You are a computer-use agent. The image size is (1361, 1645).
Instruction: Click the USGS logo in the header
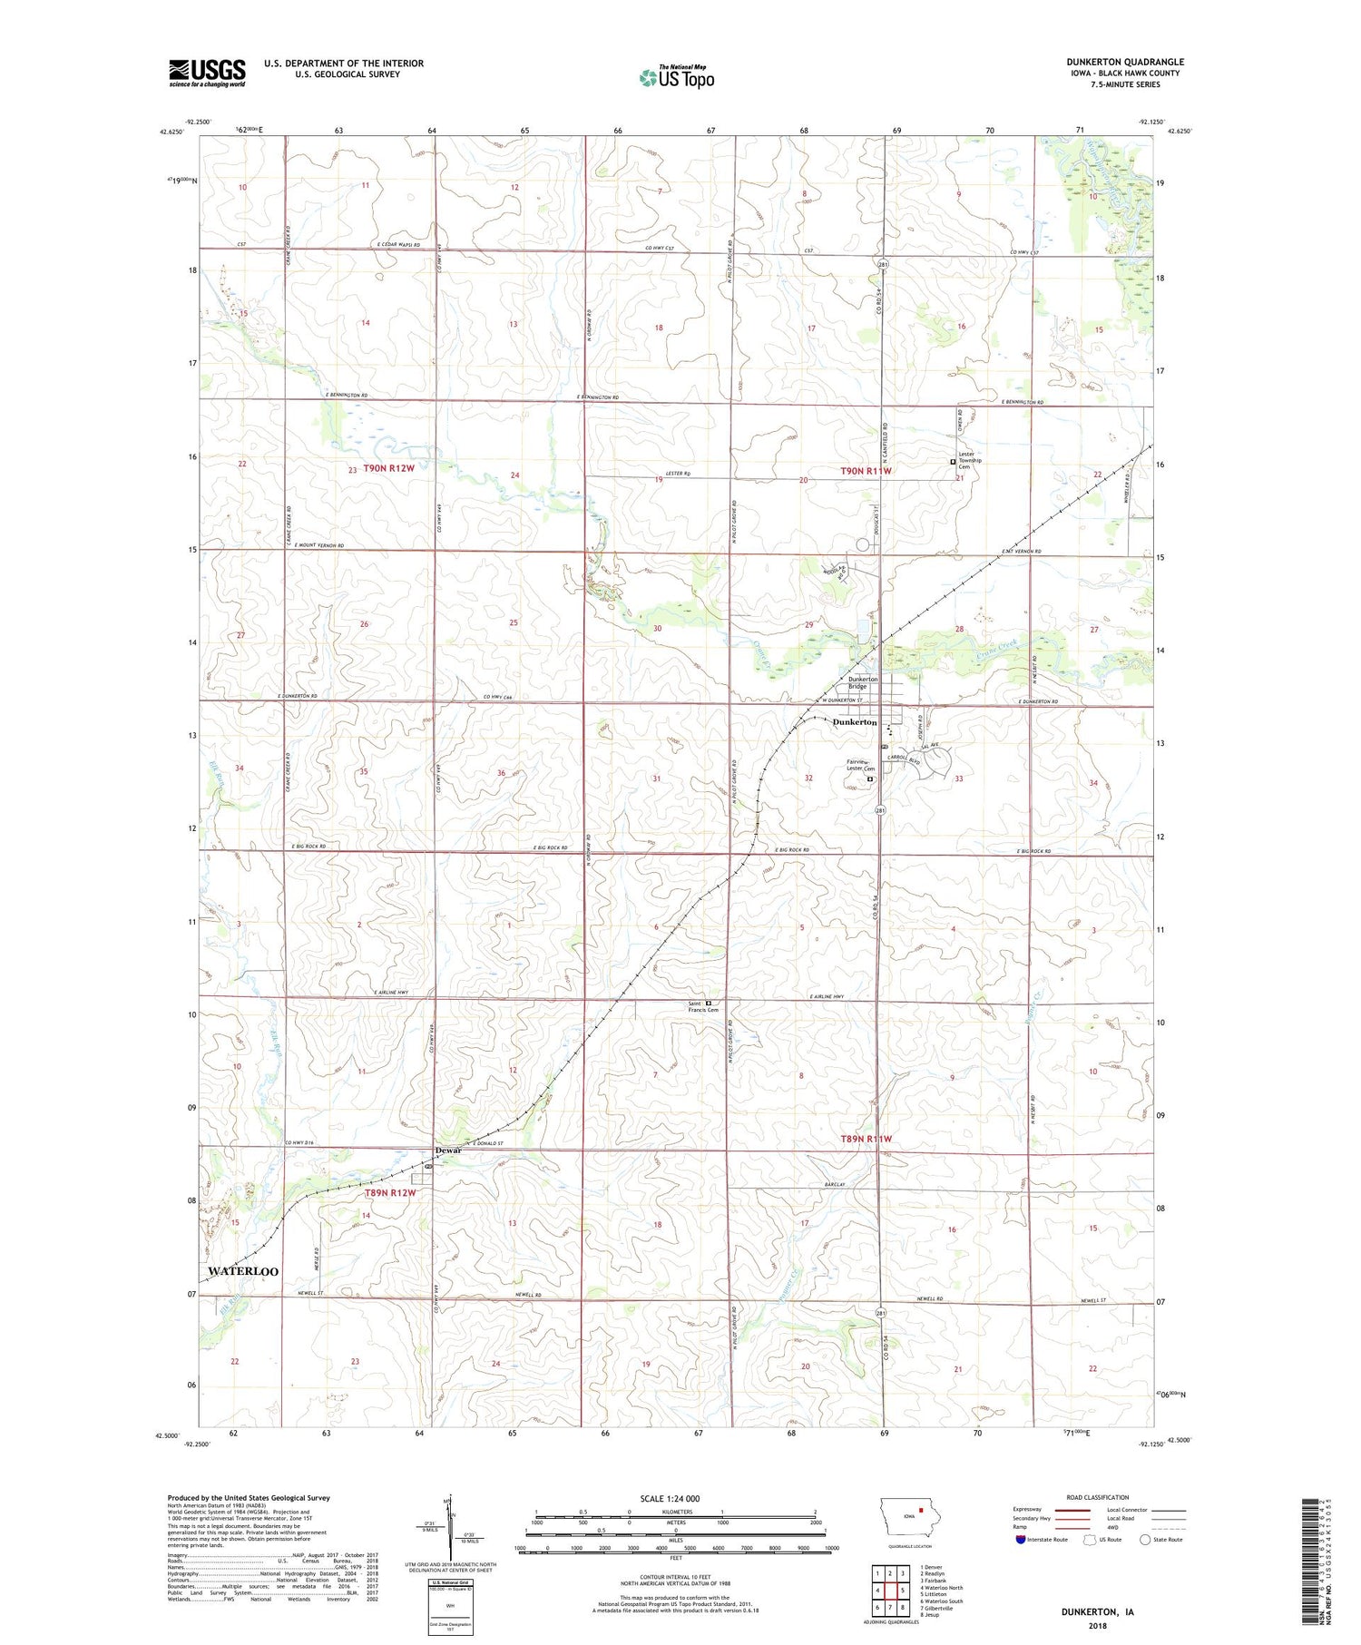pyautogui.click(x=207, y=73)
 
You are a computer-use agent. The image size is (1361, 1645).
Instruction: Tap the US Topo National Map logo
pyautogui.click(x=676, y=77)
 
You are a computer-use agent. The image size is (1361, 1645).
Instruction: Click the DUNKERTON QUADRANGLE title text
pyautogui.click(x=1124, y=62)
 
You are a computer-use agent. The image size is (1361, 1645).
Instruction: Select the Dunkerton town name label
pyautogui.click(x=854, y=722)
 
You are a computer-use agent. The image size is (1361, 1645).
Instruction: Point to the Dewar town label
pyautogui.click(x=448, y=1151)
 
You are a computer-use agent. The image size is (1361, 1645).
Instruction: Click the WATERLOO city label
pyautogui.click(x=243, y=1271)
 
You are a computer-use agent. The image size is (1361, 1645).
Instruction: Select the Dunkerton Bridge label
pyautogui.click(x=863, y=683)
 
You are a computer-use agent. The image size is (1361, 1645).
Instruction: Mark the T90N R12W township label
pyautogui.click(x=388, y=469)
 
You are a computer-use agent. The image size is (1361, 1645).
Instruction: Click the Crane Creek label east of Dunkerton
pyautogui.click(x=998, y=650)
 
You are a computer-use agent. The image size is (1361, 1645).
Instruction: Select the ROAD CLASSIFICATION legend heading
pyautogui.click(x=1098, y=1497)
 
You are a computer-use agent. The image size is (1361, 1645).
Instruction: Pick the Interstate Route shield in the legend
pyautogui.click(x=1021, y=1540)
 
